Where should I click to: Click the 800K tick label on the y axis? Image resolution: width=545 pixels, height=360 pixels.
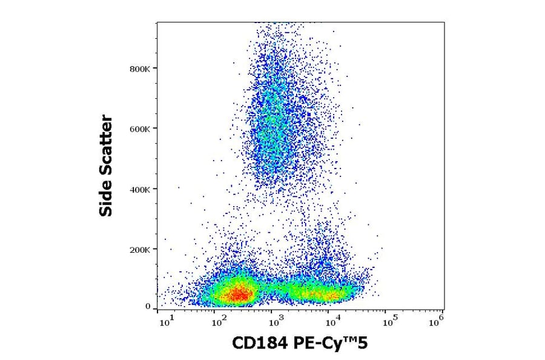pyautogui.click(x=140, y=69)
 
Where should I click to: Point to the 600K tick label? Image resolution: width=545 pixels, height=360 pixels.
pyautogui.click(x=140, y=128)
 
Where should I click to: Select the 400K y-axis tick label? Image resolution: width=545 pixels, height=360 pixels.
pyautogui.click(x=140, y=189)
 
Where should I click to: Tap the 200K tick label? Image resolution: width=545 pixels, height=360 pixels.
pyautogui.click(x=140, y=249)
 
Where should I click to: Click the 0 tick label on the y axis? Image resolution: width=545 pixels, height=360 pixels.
pyautogui.click(x=148, y=307)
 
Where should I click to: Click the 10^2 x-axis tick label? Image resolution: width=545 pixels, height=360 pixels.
pyautogui.click(x=220, y=321)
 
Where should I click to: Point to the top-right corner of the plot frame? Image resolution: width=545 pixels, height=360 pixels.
pyautogui.click(x=444, y=22)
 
